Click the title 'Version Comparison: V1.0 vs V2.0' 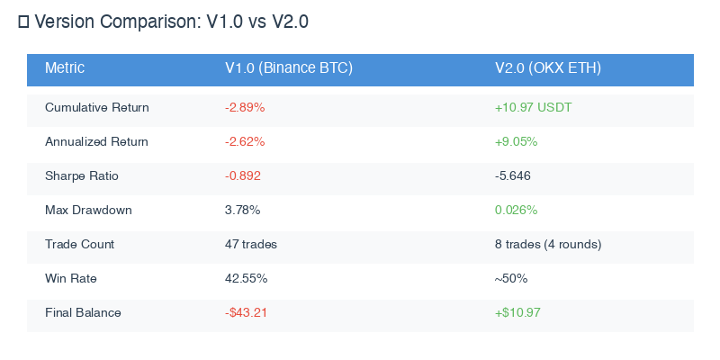click(171, 22)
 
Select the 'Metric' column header click(65, 68)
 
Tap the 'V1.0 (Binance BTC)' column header click(288, 68)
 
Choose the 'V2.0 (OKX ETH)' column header click(548, 68)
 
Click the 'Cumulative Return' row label click(97, 108)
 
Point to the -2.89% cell click(245, 108)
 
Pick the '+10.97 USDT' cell click(534, 108)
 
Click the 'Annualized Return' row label click(97, 142)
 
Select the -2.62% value click(245, 142)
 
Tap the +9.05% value click(517, 142)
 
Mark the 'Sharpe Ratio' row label click(82, 176)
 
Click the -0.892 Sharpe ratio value click(243, 176)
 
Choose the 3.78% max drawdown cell click(243, 211)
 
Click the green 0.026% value click(517, 211)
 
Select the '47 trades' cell click(251, 245)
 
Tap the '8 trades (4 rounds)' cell click(548, 245)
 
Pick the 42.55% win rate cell click(246, 279)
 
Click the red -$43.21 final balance click(247, 313)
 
